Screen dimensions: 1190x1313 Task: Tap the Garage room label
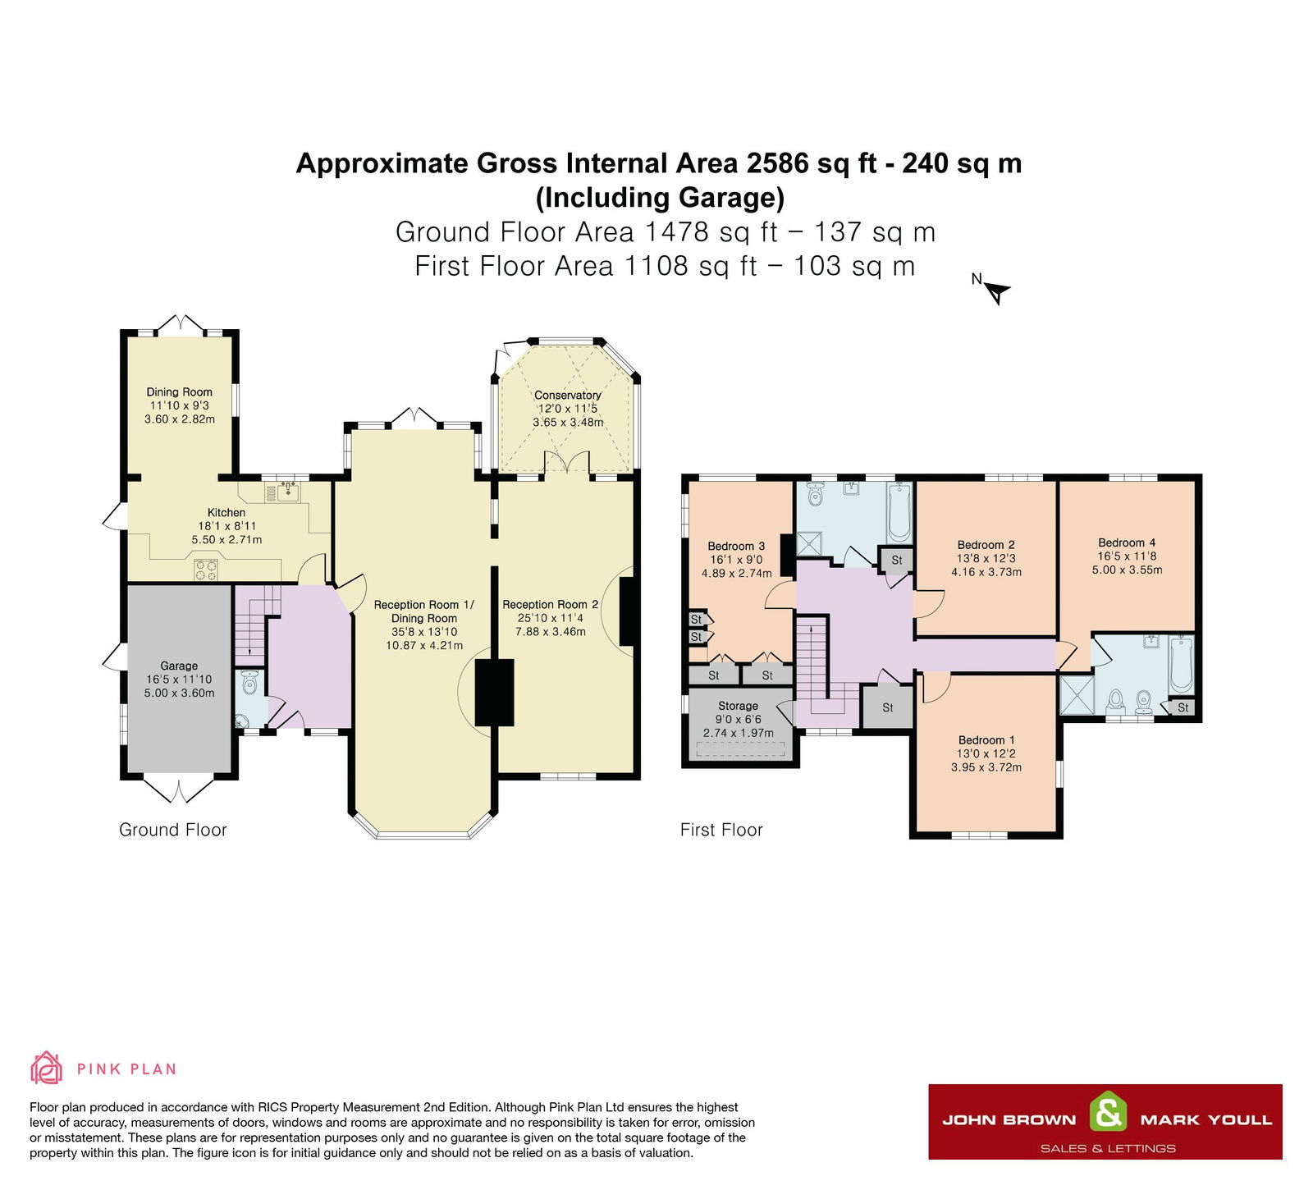click(179, 666)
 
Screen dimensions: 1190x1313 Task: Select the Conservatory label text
click(568, 395)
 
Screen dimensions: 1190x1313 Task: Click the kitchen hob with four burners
click(205, 569)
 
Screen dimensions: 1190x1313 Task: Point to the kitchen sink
click(288, 492)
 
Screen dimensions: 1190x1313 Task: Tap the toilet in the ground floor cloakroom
click(250, 682)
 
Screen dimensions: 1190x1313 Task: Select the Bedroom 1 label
click(986, 739)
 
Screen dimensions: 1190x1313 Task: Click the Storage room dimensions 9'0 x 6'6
click(738, 719)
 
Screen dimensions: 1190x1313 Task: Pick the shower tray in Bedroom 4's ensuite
click(1076, 695)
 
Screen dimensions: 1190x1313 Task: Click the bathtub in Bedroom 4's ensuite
click(1181, 663)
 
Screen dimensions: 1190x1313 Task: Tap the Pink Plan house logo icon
click(47, 1068)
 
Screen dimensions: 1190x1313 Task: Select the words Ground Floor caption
click(173, 830)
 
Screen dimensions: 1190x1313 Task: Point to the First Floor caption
click(721, 830)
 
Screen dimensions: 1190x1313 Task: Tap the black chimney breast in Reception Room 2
click(629, 611)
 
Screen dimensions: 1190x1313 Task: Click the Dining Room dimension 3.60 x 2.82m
click(180, 419)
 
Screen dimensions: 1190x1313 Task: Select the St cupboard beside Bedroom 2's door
click(896, 560)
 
